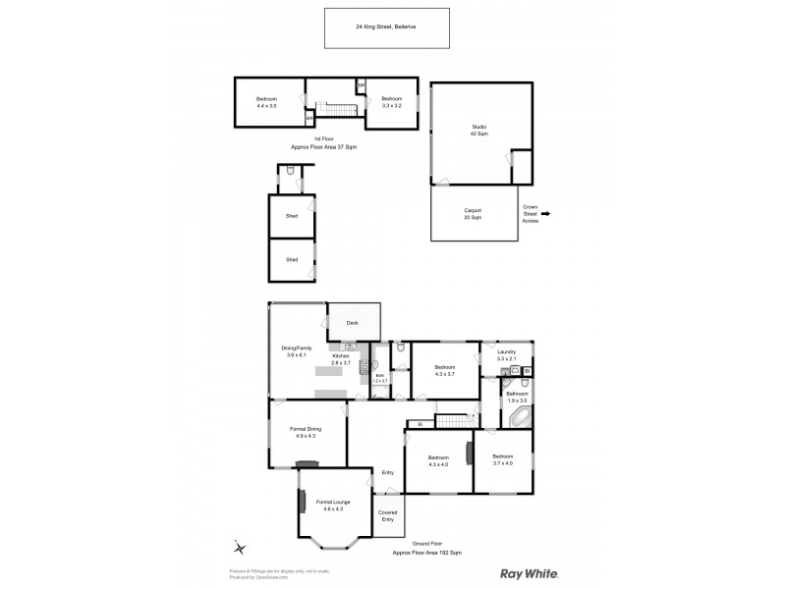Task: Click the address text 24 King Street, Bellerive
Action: click(x=387, y=27)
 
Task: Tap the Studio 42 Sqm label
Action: click(x=478, y=131)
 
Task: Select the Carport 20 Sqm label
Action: click(x=473, y=213)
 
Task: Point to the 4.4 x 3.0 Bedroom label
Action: click(x=266, y=102)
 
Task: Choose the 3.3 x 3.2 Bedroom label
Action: click(x=391, y=102)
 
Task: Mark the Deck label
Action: click(x=352, y=322)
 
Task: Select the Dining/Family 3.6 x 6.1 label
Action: click(x=297, y=351)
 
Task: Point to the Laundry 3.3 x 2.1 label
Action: click(x=506, y=354)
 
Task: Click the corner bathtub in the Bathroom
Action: click(x=518, y=417)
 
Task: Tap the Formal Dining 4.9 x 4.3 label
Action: click(x=306, y=432)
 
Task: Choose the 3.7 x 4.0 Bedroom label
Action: click(x=502, y=459)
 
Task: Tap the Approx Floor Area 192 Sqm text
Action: click(x=426, y=553)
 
